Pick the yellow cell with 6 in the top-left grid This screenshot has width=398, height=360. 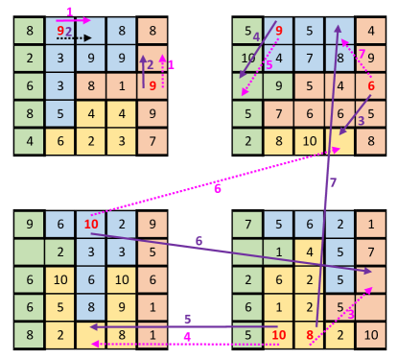60,142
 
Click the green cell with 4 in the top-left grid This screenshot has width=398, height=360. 30,142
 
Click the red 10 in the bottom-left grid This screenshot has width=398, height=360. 91,225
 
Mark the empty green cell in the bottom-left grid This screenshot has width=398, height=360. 30,252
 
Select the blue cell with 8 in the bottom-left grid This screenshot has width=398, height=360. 91,308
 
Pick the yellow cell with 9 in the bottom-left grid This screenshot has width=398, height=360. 122,308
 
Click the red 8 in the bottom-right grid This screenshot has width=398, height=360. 310,336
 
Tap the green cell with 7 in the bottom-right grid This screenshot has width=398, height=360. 247,225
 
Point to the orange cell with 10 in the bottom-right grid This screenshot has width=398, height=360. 370,336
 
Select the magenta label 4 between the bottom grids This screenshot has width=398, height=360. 187,337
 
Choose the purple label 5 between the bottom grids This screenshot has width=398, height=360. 187,319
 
